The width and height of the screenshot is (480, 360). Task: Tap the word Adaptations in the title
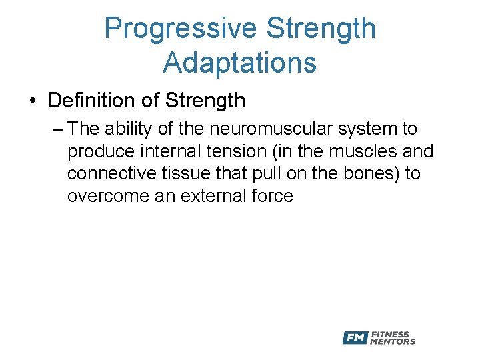pos(239,63)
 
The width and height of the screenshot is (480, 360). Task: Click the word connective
pos(111,173)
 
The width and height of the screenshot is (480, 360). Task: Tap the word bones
pos(370,173)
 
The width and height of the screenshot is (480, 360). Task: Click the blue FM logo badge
pos(355,338)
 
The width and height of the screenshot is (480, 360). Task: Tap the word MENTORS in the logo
pos(393,341)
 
